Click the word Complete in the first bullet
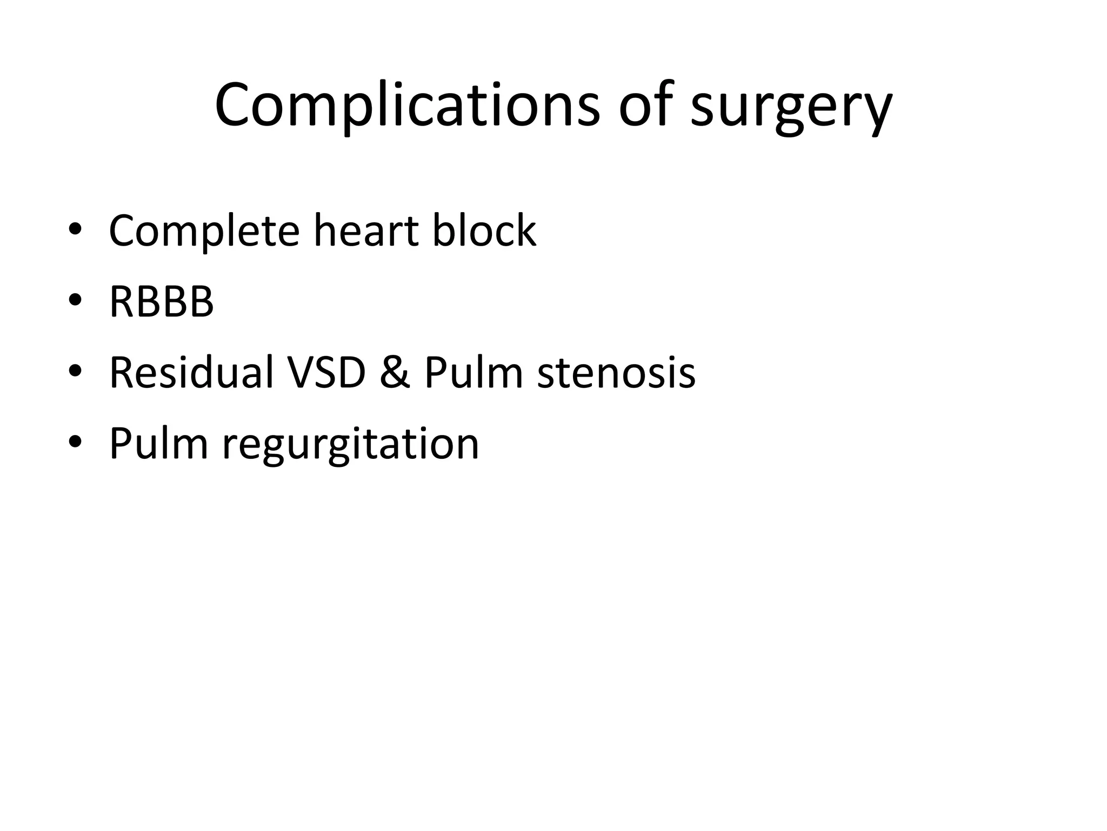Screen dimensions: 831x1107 (x=204, y=232)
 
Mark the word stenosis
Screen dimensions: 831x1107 (x=616, y=373)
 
